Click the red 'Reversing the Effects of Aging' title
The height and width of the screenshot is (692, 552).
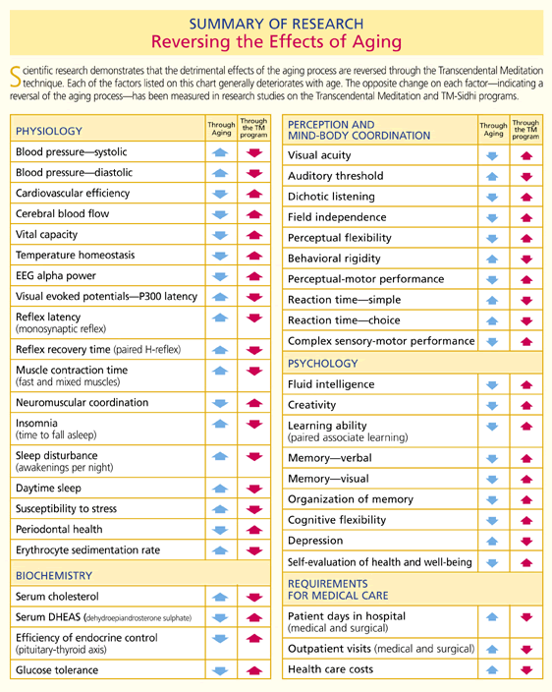[276, 42]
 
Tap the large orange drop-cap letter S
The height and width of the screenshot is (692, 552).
[16, 77]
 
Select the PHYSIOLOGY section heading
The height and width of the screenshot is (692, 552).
[49, 131]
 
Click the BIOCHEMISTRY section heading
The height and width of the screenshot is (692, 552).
[54, 575]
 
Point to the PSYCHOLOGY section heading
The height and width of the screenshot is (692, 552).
[323, 364]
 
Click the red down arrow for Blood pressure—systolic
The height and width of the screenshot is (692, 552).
[254, 152]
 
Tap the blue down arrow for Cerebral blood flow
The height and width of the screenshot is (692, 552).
[220, 214]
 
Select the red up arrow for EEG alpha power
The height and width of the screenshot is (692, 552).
[254, 276]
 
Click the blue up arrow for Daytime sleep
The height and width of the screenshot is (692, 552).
[220, 489]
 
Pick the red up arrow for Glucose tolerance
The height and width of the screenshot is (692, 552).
[254, 670]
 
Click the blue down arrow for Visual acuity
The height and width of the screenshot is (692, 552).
[492, 155]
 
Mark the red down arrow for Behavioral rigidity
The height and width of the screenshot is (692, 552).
[526, 259]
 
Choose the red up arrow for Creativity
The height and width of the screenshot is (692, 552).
[526, 405]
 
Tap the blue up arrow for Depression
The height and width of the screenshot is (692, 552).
[492, 541]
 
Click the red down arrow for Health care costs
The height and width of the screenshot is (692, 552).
[526, 670]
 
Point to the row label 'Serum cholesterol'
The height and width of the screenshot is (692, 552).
[57, 597]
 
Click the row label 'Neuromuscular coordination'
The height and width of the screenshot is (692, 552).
[82, 402]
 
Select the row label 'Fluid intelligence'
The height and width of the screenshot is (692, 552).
[331, 384]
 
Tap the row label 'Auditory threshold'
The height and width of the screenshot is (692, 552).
[336, 176]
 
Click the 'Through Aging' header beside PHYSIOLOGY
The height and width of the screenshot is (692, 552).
[221, 129]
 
